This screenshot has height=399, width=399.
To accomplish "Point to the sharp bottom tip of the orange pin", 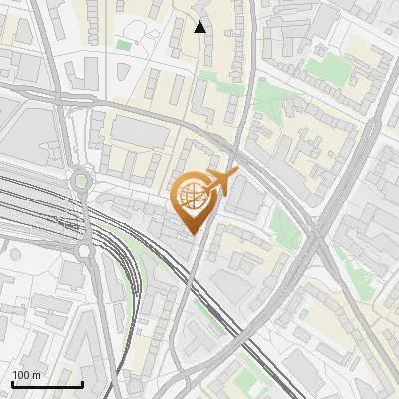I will (191, 234).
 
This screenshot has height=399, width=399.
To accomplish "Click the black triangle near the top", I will (199, 27).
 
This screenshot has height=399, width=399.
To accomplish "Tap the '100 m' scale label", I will (27, 375).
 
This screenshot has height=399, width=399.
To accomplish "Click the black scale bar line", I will (47, 384).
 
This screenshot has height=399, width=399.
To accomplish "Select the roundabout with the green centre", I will (81, 181).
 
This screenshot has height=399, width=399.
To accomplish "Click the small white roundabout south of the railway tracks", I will (84, 250).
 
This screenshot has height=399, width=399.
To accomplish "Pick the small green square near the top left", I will (123, 45).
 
